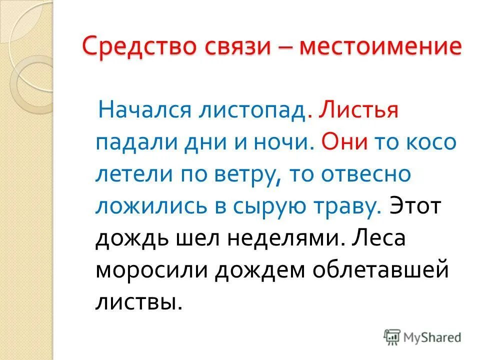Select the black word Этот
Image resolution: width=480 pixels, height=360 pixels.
416,206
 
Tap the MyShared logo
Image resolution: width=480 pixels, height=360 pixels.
422,336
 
